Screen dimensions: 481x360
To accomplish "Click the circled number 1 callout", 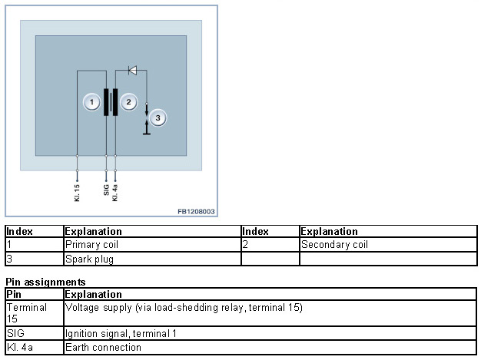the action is point(91,102).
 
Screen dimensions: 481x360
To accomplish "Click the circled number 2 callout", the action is point(130,102).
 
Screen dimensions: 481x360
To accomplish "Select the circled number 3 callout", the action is point(158,118).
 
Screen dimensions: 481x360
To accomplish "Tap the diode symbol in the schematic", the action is point(132,71).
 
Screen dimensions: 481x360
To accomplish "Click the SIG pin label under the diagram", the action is point(106,190).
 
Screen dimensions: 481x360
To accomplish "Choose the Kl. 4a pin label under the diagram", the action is point(115,191).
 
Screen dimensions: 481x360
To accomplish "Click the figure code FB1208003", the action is point(196,211).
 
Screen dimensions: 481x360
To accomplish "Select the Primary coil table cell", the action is point(92,245).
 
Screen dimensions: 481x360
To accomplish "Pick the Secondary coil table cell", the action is point(335,245).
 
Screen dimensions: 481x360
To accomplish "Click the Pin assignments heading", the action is point(45,282).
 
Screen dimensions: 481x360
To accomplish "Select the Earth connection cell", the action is point(103,348).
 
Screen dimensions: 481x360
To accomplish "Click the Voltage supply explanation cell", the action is point(184,308).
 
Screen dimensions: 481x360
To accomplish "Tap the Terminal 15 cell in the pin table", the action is point(26,312).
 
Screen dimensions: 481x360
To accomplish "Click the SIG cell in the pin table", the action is point(15,334).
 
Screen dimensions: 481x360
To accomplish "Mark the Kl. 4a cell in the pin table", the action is point(18,348).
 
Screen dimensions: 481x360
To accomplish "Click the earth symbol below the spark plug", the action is point(147,132).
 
